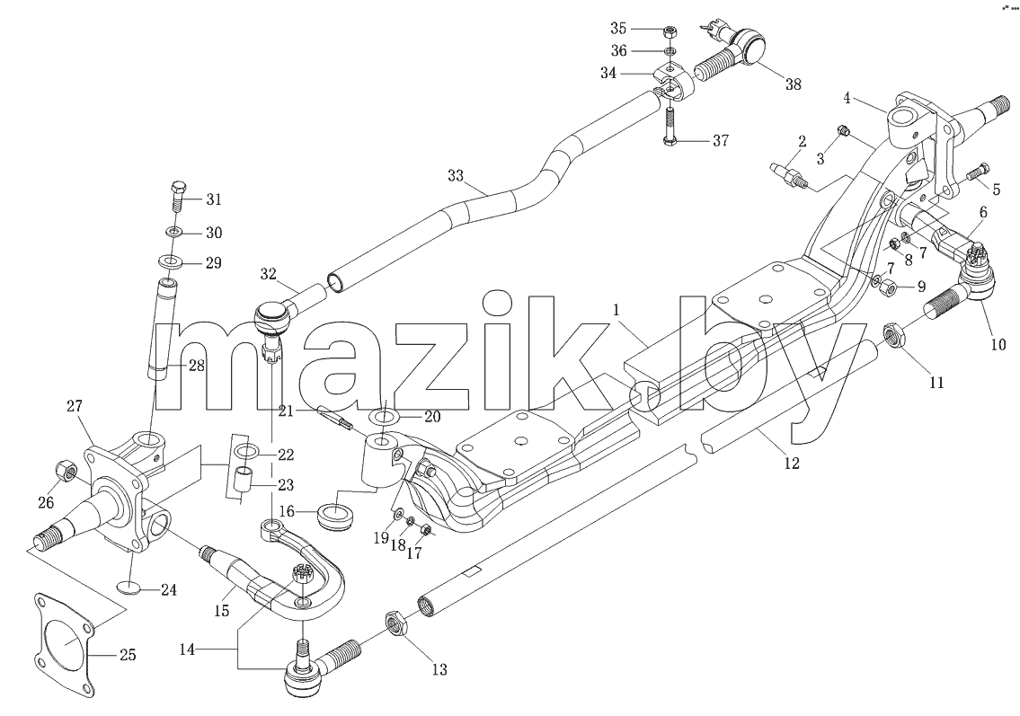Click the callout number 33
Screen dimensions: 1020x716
tap(456, 175)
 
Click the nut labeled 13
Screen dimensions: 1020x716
tap(396, 625)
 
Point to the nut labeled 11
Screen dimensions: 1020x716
tap(895, 336)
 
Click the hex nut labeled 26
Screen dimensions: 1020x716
tap(67, 470)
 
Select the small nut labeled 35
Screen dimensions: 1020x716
tap(670, 31)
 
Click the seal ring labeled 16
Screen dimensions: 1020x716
tap(336, 511)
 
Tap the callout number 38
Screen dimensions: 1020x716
tap(793, 84)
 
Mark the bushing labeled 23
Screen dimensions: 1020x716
tap(244, 481)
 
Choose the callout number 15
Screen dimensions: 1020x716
tap(222, 611)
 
